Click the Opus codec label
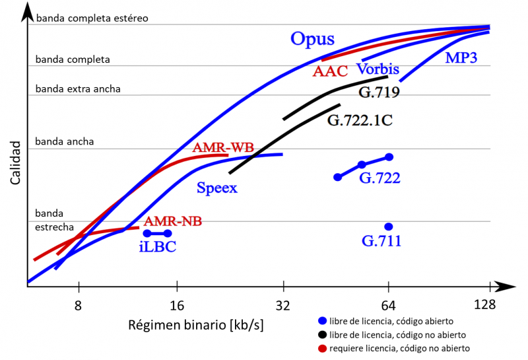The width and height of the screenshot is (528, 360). click(313, 38)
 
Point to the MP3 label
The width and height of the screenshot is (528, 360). click(461, 57)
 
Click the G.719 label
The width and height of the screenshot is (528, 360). click(379, 92)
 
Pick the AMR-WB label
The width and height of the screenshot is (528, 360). click(222, 147)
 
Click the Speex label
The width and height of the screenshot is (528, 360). click(217, 188)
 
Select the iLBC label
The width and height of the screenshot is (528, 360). click(157, 247)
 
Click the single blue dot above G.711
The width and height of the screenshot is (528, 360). click(389, 227)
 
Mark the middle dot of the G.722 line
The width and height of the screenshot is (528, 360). click(362, 164)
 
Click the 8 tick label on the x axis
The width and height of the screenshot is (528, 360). click(79, 305)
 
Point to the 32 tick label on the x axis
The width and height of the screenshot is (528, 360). click(284, 305)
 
